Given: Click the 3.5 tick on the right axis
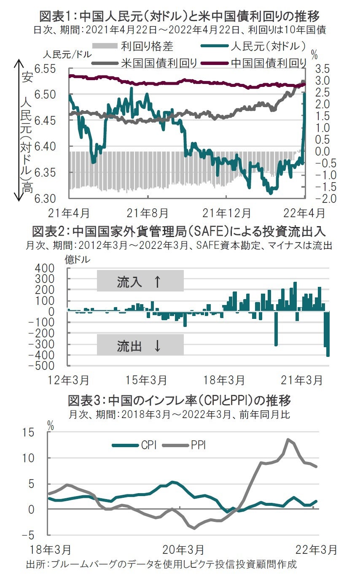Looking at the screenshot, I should (322, 69).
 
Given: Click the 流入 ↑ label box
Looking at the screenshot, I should (140, 281).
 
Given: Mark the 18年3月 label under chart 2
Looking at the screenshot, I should (224, 380).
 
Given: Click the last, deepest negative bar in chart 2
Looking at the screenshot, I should (328, 333).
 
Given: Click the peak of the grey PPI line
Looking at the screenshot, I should (288, 439).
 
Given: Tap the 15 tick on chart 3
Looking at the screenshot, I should (38, 432).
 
